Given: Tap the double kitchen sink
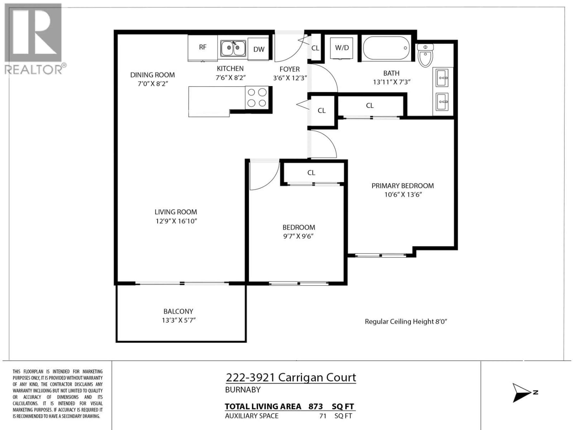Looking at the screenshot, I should click(233, 48).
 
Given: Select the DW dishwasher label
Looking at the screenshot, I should click(259, 49).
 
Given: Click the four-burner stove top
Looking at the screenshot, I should click(257, 98).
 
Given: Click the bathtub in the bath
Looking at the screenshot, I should click(386, 48).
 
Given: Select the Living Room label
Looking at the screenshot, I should click(176, 212).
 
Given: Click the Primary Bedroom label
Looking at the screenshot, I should click(403, 186).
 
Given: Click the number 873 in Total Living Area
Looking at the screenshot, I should click(315, 406).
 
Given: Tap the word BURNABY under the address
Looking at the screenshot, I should click(243, 390).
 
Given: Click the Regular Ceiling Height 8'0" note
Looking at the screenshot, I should click(406, 322).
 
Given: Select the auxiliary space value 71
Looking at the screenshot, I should click(323, 416).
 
